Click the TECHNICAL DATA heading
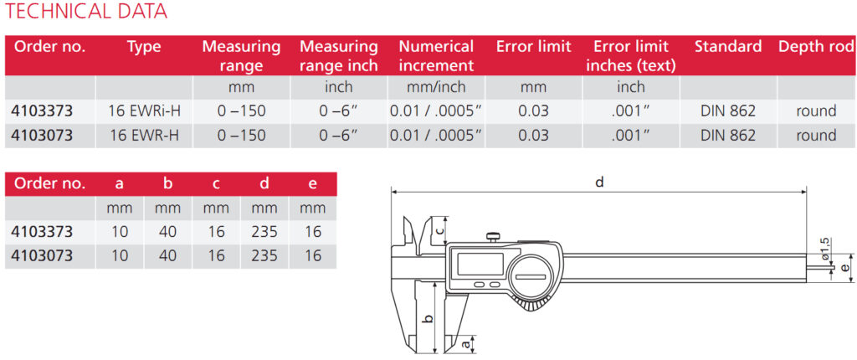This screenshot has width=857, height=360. pos(86,11)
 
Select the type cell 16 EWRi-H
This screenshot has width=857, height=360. pos(145,111)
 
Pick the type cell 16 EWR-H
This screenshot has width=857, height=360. pos(145,135)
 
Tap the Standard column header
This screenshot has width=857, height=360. pos(728,47)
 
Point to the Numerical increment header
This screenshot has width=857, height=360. pos(436,56)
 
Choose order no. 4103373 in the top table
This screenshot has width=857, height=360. pos(42,111)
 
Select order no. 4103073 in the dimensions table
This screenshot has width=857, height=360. pos(42,255)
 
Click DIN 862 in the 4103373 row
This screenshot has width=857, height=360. pos(728,111)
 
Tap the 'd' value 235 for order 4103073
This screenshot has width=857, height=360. pos(264,255)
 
